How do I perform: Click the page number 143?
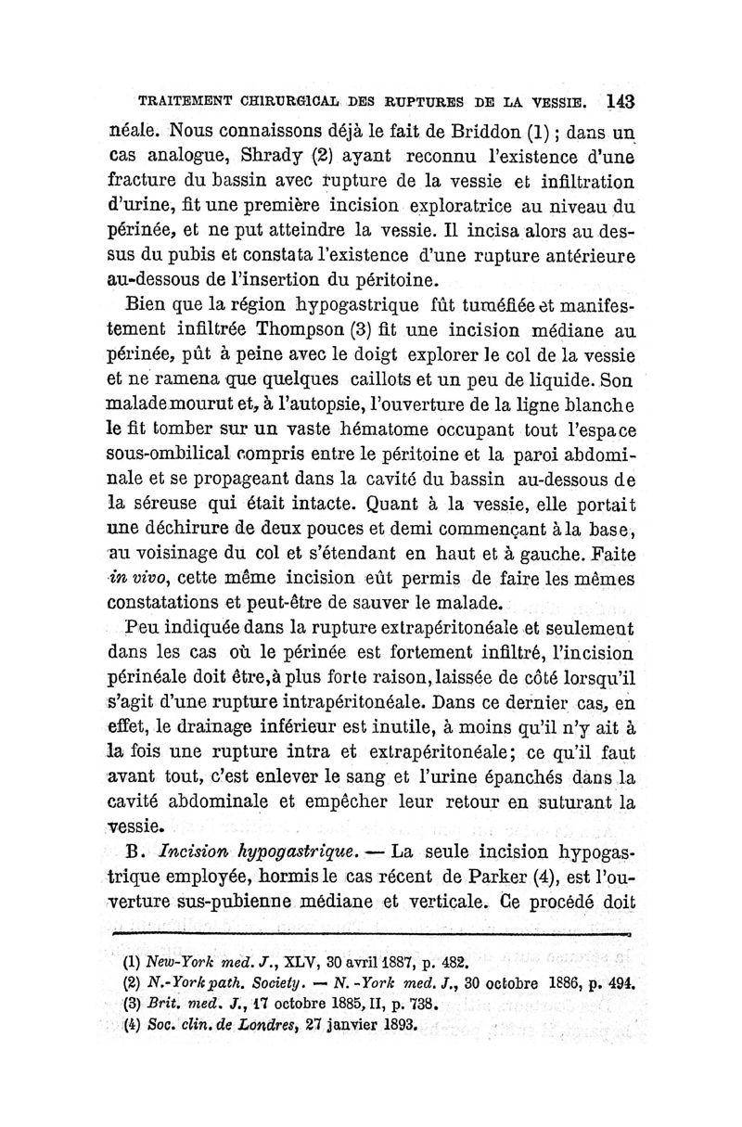[x=615, y=100]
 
